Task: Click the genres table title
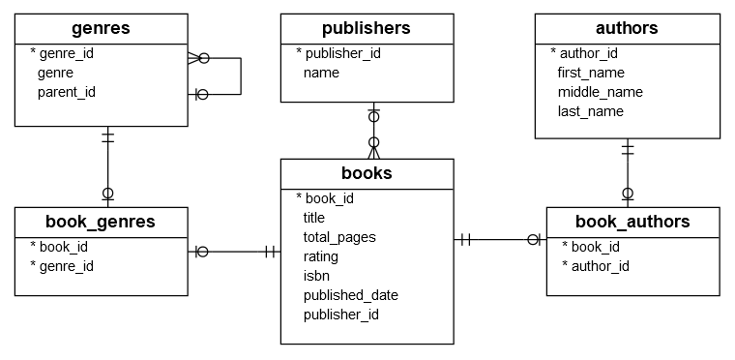point(102,29)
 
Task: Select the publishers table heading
point(367,28)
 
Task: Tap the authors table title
point(627,28)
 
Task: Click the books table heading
point(367,173)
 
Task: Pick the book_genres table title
point(101,222)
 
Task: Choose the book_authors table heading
point(632,222)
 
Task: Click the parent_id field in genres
point(67,92)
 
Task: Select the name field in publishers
point(321,73)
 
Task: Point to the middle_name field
point(600,92)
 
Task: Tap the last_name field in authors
point(591,111)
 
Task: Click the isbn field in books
point(317,276)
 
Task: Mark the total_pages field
point(339,237)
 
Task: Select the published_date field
point(350,295)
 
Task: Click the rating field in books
point(321,256)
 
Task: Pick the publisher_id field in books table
point(340,315)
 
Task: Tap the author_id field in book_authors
point(600,266)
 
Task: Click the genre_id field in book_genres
point(67,266)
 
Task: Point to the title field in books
point(314,218)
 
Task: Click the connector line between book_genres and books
point(235,252)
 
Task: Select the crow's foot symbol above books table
point(372,148)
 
